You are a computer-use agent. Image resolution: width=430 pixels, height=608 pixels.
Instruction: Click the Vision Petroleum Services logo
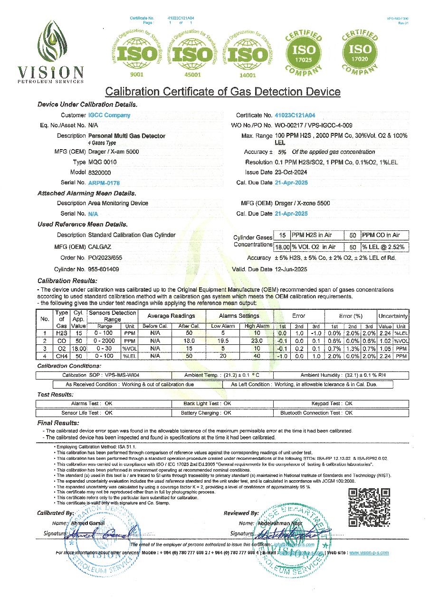50,50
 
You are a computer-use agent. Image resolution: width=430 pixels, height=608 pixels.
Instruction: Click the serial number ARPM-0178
104,182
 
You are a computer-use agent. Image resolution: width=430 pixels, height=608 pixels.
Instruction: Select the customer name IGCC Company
109,115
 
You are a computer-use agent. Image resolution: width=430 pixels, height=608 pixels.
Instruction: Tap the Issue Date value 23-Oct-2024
292,172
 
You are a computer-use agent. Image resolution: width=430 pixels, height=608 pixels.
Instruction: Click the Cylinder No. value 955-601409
104,269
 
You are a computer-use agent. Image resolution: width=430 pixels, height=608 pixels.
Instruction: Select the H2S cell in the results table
61,333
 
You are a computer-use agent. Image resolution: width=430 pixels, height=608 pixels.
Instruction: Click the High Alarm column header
257,326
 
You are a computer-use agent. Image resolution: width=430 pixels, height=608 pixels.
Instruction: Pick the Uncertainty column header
393,316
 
